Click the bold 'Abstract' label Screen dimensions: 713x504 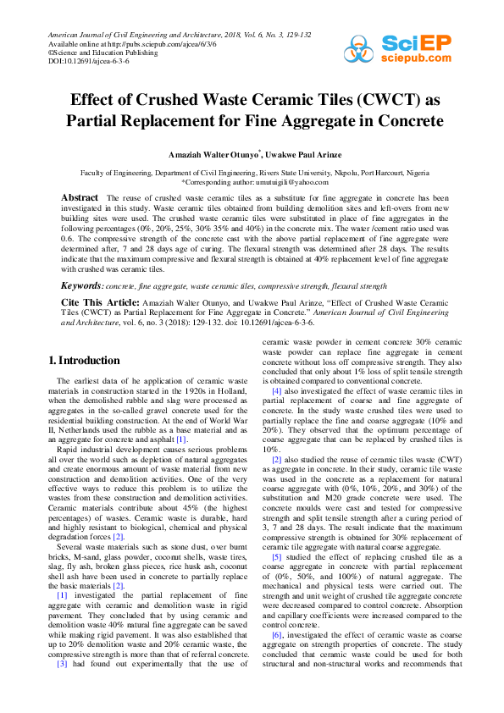tap(80, 197)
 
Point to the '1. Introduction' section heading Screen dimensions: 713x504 tap(84, 362)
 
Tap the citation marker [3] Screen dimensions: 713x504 tap(61, 688)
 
